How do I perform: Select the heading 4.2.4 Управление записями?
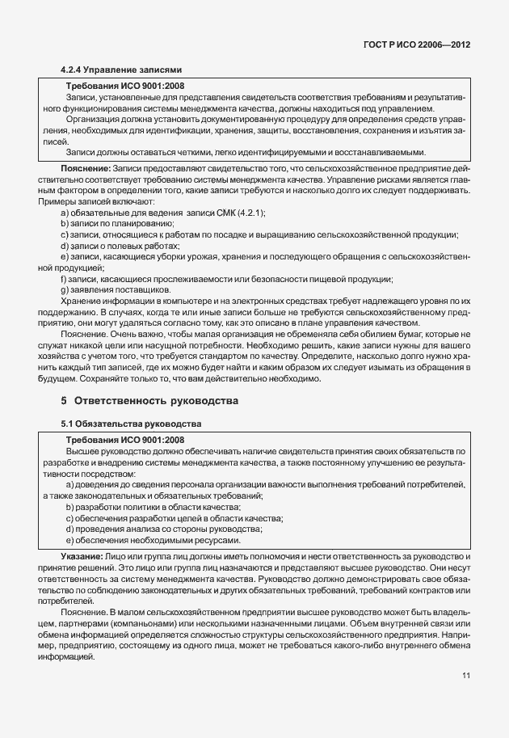(x=122, y=70)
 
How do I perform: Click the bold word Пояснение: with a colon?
(x=86, y=167)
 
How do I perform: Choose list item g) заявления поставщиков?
(x=115, y=289)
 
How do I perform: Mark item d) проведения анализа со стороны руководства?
(x=152, y=529)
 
